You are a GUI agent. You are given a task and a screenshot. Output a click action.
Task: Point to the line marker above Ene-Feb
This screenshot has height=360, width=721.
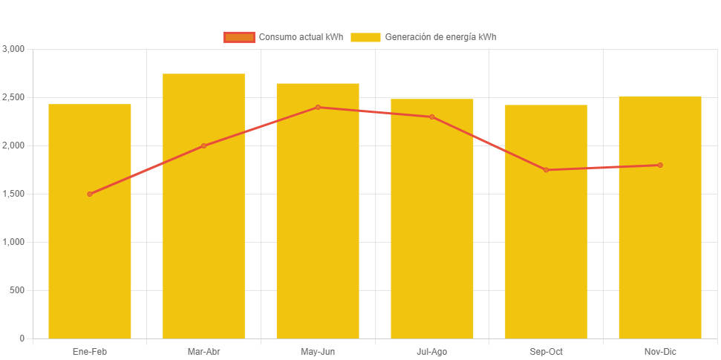coord(90,194)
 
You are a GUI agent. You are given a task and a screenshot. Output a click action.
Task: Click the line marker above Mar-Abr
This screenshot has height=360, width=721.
coord(203,145)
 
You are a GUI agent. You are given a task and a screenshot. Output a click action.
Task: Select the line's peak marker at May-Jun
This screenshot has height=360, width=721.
coord(318,107)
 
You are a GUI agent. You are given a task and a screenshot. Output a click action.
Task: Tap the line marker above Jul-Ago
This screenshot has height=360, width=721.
coord(432,117)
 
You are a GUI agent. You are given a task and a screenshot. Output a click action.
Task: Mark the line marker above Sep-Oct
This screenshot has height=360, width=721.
coord(546,170)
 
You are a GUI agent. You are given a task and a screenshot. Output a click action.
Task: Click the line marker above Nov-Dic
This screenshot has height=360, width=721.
coord(660,165)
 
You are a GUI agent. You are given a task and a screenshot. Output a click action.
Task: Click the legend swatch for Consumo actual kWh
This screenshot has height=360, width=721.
coord(239,37)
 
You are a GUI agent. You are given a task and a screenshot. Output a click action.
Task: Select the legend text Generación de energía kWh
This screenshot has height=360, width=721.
coord(440,37)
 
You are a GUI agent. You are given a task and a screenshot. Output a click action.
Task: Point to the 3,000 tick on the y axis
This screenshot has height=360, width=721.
coord(13,49)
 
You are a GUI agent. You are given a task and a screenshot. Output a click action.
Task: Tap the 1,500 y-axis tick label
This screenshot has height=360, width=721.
coord(13,194)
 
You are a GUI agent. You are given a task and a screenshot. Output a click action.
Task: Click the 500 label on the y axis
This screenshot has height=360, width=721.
coord(17,290)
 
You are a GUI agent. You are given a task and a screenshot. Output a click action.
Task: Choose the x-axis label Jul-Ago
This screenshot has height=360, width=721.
coord(432,351)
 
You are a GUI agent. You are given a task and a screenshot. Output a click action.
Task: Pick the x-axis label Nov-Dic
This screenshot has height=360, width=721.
coord(660,351)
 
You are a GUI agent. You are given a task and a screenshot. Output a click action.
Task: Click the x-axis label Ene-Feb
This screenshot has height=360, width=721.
coord(90,351)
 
